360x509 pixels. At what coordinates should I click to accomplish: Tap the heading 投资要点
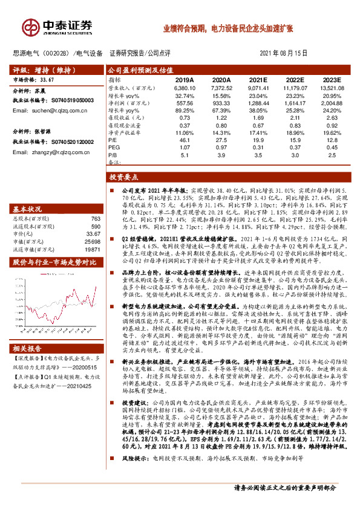[123, 178]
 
